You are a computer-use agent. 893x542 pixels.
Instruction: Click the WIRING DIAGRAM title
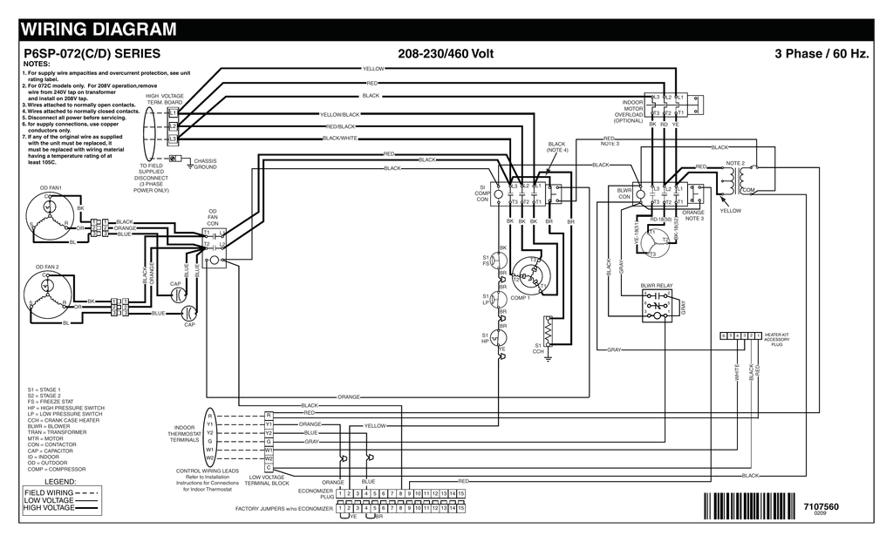click(x=98, y=29)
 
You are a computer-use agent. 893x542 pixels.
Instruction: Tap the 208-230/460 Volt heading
click(x=446, y=54)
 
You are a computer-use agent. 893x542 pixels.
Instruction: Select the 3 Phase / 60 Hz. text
click(x=821, y=54)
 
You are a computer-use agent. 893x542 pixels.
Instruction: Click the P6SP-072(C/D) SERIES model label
click(x=91, y=54)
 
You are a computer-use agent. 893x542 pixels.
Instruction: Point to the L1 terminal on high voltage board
click(x=173, y=113)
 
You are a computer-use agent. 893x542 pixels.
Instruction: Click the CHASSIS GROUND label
click(x=205, y=163)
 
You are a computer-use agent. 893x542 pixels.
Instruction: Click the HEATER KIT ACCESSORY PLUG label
click(x=777, y=339)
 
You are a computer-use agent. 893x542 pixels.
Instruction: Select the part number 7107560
click(x=821, y=506)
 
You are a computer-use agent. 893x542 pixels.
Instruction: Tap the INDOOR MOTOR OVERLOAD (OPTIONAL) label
click(x=628, y=112)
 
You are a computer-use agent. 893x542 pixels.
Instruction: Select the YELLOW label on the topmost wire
click(x=372, y=68)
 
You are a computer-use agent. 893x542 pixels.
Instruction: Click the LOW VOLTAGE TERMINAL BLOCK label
click(x=267, y=480)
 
